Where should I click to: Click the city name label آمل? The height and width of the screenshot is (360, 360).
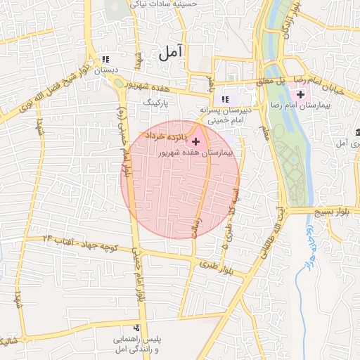click(171, 52)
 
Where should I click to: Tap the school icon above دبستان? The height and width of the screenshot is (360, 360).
click(105, 60)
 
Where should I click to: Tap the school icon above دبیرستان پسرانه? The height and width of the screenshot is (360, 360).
click(225, 99)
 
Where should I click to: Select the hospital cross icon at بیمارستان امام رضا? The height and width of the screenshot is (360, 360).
click(301, 94)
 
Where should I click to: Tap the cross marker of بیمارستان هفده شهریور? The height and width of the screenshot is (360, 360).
click(195, 141)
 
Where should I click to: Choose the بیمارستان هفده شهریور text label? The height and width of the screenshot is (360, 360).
click(211, 151)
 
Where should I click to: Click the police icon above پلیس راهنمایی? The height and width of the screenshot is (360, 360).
click(136, 328)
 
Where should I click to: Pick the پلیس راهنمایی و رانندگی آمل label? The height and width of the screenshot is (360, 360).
click(138, 344)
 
